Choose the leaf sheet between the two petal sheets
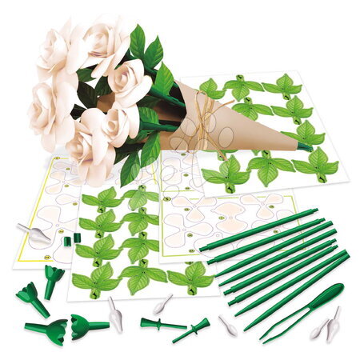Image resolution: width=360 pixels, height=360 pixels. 120,240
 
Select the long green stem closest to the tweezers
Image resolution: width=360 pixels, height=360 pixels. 300,288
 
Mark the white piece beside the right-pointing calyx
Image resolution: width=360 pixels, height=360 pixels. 115,314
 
